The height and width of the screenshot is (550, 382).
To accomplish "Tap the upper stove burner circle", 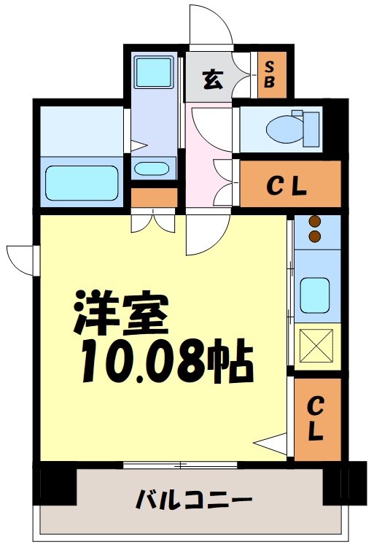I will click(316, 222).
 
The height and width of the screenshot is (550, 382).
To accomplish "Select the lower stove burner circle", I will click(316, 236).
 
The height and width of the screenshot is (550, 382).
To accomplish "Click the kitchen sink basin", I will click(316, 295).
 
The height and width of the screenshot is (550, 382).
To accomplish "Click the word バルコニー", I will click(193, 501).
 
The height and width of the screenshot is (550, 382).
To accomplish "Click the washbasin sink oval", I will click(152, 169).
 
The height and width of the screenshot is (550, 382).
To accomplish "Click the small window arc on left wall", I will click(20, 259).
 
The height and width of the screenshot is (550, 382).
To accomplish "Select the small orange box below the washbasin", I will click(155, 197).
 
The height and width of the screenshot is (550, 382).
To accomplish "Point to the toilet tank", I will click(311, 128).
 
